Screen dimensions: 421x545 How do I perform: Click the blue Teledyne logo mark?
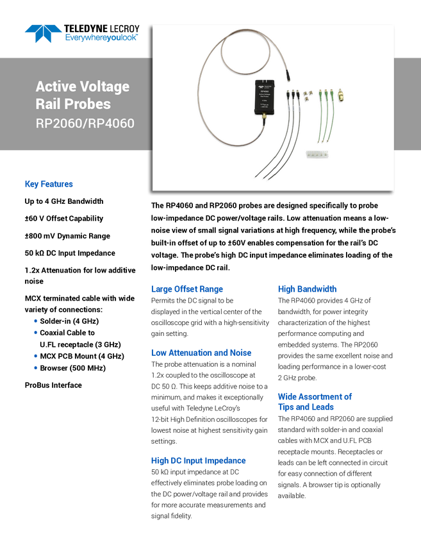click(x=44, y=33)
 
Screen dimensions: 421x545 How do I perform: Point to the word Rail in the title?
click(x=48, y=104)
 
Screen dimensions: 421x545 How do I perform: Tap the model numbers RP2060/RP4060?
click(x=85, y=123)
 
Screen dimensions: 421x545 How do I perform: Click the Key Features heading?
click(x=49, y=185)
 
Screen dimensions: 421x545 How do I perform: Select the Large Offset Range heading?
click(x=186, y=289)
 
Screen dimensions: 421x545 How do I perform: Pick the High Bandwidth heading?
click(x=307, y=289)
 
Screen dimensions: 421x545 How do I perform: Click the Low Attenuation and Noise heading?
click(x=201, y=353)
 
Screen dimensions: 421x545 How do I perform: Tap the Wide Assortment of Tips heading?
click(x=314, y=401)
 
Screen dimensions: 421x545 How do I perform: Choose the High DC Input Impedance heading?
click(x=198, y=461)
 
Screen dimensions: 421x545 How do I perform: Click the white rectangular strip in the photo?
click(x=318, y=155)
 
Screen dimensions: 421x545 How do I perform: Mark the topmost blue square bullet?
click(x=35, y=320)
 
